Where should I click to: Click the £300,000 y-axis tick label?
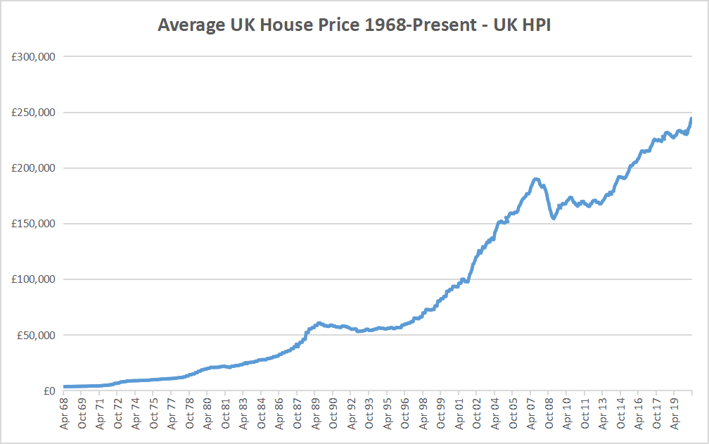(x=33, y=57)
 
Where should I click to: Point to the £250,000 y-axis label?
(x=33, y=113)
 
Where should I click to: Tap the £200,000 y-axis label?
(x=33, y=168)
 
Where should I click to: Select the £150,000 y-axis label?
(x=33, y=224)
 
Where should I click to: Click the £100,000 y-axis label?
(x=33, y=279)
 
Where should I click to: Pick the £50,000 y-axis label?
(x=36, y=335)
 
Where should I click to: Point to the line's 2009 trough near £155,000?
(x=554, y=218)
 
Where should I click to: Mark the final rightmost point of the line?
(x=692, y=118)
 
